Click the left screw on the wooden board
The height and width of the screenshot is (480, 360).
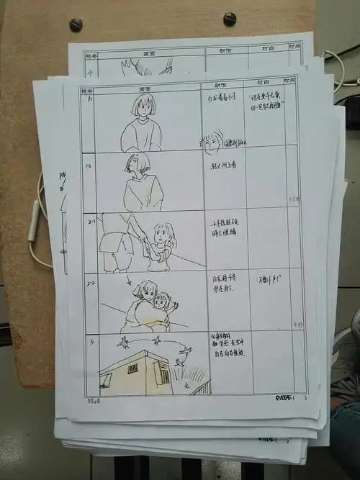(x=75, y=24)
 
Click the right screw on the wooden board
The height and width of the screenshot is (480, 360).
(x=230, y=19)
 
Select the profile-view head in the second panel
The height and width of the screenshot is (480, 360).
(x=137, y=165)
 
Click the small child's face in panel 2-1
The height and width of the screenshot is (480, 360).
(x=163, y=236)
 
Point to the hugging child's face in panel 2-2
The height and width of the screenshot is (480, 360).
(x=165, y=300)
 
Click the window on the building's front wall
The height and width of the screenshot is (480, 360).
(x=132, y=369)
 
